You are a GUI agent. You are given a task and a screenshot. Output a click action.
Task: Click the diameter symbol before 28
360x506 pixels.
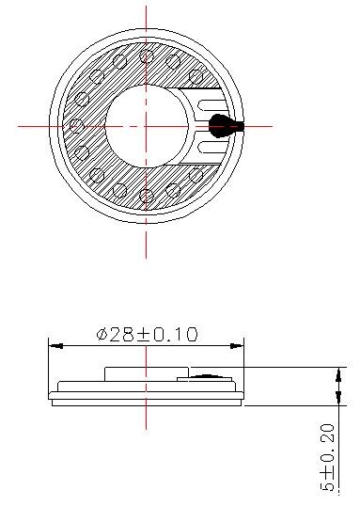[x=102, y=334]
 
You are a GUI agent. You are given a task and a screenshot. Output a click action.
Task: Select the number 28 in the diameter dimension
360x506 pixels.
[x=121, y=334]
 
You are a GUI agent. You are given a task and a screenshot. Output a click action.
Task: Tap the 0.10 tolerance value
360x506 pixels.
[x=176, y=334]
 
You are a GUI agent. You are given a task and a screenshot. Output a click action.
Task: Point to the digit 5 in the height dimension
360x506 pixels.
[x=328, y=484]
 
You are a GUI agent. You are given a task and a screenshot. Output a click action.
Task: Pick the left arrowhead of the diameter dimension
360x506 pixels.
[x=55, y=346]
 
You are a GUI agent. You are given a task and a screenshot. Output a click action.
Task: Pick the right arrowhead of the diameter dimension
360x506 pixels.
[x=237, y=346]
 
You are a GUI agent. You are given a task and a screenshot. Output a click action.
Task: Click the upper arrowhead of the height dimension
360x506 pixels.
[x=338, y=374]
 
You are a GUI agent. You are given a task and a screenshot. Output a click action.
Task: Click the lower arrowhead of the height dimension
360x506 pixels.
[x=338, y=398]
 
